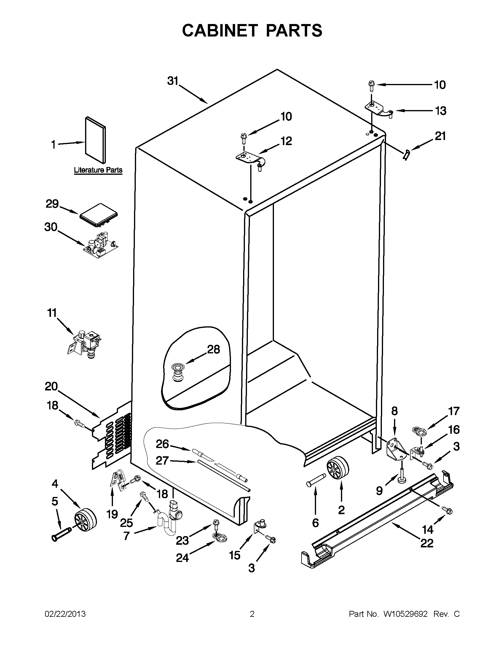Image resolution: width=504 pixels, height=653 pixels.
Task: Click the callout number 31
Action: [x=173, y=81]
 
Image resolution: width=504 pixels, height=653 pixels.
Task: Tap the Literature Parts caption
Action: [x=98, y=170]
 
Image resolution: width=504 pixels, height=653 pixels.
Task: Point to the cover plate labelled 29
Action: [x=99, y=213]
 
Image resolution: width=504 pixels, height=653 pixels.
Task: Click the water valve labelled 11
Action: [x=86, y=342]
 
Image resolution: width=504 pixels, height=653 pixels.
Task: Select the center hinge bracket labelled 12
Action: [x=250, y=158]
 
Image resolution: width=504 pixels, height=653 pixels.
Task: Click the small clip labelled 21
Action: [x=406, y=155]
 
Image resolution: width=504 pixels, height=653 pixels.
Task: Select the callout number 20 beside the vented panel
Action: [x=51, y=387]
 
